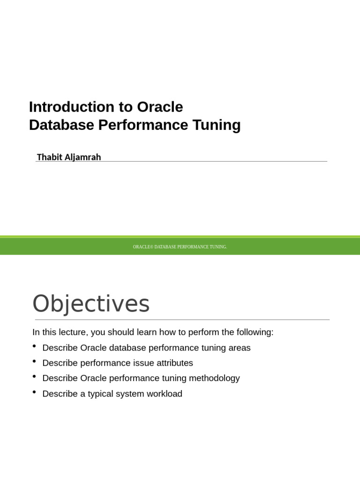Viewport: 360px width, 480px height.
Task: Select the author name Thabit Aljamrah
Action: (69, 157)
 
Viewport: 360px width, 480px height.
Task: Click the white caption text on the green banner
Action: (180, 247)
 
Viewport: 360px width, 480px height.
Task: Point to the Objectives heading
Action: (91, 304)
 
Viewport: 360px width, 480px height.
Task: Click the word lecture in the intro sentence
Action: (71, 332)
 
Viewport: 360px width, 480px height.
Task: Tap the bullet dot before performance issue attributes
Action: (35, 362)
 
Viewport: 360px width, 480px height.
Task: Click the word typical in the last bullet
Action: (102, 394)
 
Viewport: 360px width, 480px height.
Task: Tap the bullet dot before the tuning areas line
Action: (35, 346)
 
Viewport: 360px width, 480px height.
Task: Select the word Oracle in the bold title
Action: (160, 107)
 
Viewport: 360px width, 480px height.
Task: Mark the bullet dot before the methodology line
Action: (35, 377)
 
